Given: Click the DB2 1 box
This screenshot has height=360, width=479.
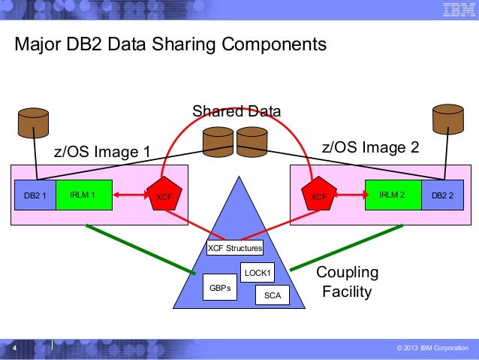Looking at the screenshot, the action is point(35,195).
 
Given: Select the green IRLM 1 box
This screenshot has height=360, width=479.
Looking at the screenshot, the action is point(83,195).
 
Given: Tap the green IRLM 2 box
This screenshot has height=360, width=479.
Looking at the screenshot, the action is point(393,195).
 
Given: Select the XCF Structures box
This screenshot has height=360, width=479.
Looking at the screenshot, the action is point(235,247).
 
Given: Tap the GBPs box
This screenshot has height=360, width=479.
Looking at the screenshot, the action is point(219,287).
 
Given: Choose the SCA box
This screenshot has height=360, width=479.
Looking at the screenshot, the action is point(273,295).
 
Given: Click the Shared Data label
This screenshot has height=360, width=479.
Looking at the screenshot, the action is point(236,112).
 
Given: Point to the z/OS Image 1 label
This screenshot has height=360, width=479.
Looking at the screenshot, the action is point(102,153).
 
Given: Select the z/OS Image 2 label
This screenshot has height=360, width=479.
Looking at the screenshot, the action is point(369,147).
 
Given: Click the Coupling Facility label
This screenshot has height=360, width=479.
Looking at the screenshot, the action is point(347,282).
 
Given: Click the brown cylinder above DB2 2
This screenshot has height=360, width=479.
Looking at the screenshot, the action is point(448,120).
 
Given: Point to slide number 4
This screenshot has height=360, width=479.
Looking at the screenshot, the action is point(14,349).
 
